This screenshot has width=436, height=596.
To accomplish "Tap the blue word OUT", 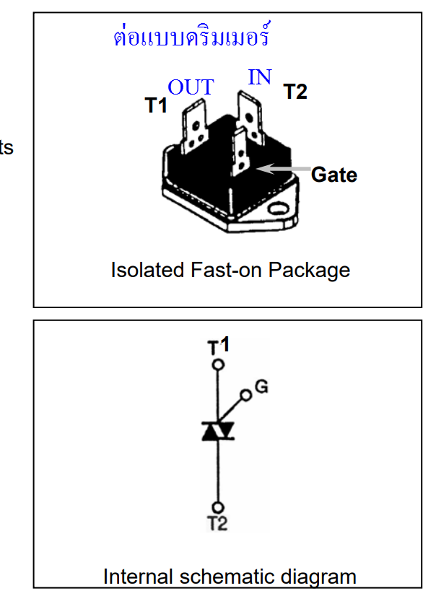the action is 191,87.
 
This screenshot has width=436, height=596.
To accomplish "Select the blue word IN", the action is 260,77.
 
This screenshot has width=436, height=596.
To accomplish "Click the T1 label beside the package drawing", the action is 156,105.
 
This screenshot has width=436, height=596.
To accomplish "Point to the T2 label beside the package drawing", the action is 295,92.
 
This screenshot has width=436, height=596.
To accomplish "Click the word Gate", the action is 334,175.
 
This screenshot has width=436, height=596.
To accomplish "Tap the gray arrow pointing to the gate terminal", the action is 284,169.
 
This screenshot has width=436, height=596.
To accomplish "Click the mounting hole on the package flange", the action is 278,209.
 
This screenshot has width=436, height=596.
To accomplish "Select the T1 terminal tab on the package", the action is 194,126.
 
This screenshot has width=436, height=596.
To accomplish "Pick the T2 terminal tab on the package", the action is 250,117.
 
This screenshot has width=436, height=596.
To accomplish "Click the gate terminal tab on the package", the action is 241,152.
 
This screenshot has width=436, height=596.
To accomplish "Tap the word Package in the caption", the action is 309,271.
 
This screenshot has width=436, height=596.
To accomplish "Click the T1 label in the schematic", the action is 219,345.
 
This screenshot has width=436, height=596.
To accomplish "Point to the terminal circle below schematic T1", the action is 218,365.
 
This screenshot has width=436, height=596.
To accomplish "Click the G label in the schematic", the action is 261,387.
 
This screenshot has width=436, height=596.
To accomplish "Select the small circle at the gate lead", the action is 246,395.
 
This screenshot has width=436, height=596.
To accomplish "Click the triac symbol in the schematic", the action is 218,431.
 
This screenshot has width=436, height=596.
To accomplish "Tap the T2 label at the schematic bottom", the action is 217,523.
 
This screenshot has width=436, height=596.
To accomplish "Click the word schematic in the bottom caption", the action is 227,577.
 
